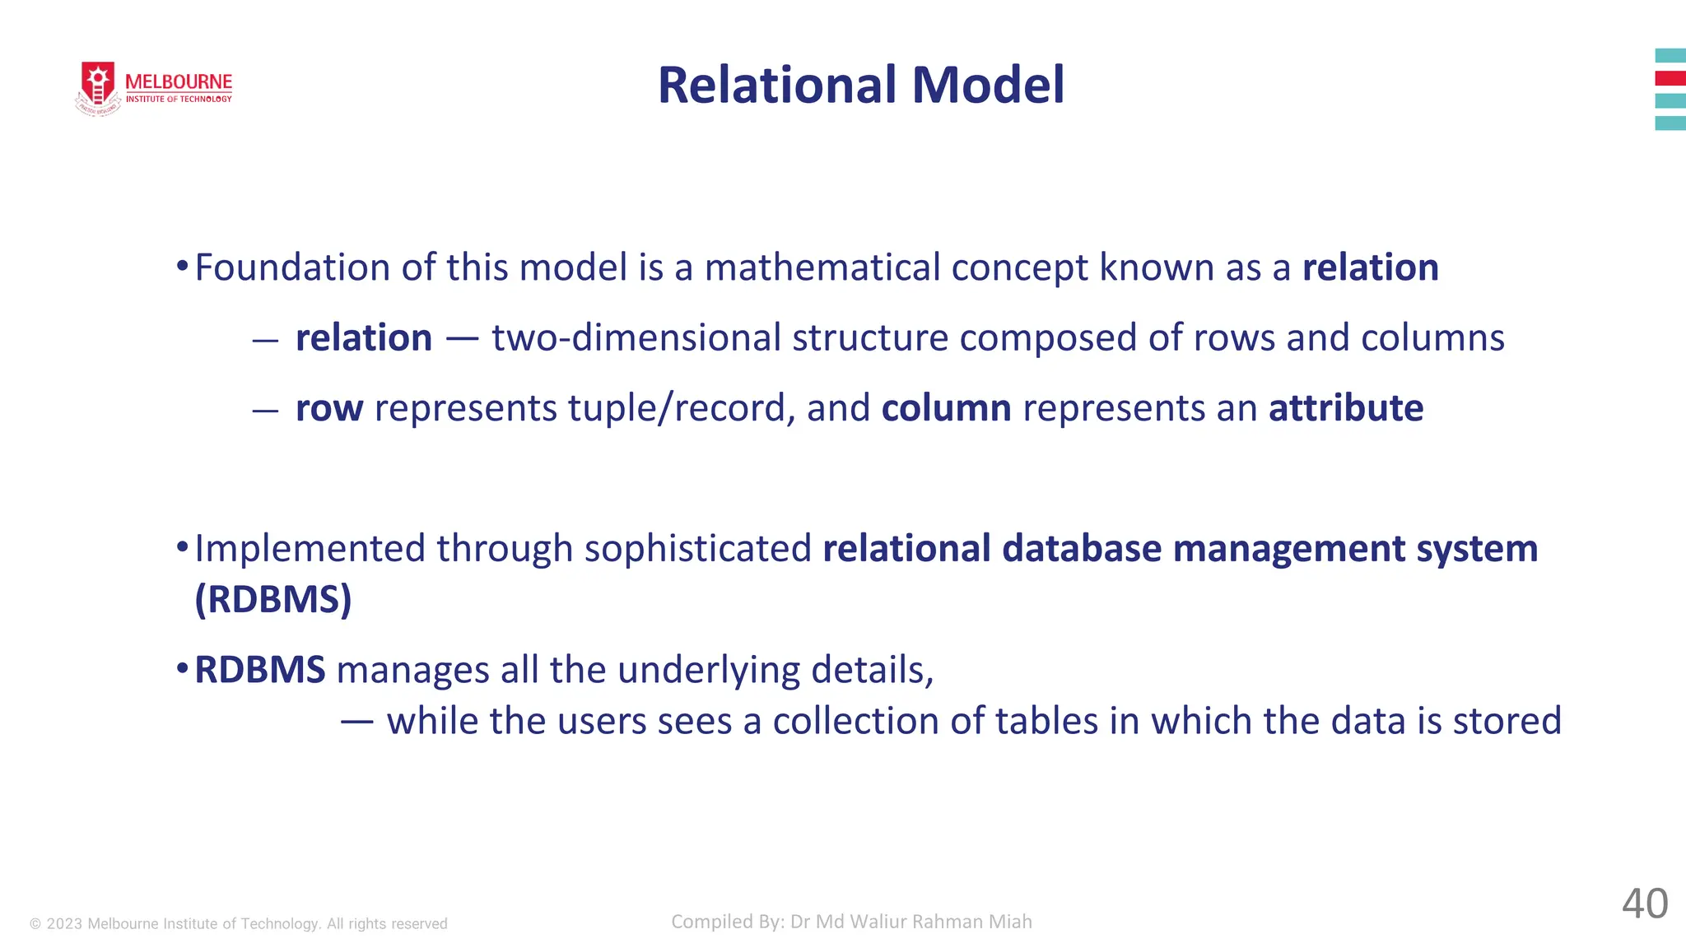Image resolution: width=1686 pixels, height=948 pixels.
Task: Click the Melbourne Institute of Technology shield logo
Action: pos(99,87)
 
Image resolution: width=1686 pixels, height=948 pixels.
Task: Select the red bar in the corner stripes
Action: pos(1670,79)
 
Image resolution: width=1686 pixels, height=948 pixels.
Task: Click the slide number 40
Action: pos(1645,904)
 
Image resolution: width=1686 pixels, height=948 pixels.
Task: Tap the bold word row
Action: pos(329,409)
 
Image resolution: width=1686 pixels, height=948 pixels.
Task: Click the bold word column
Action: pos(946,409)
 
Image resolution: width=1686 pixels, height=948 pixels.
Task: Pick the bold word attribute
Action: pos(1346,409)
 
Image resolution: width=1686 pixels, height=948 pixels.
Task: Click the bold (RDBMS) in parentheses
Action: pos(273,599)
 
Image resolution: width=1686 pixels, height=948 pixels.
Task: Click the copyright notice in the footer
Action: pos(239,924)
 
